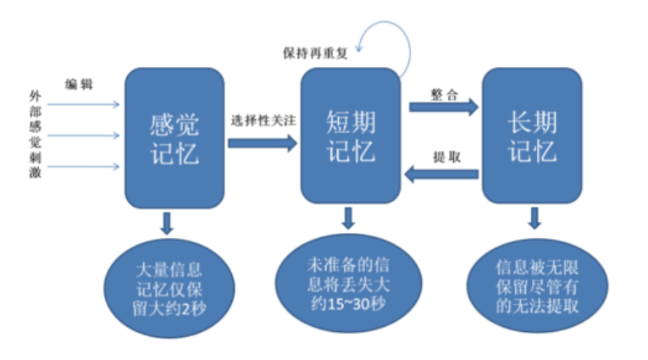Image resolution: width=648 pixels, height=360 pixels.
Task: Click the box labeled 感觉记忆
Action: (x=174, y=138)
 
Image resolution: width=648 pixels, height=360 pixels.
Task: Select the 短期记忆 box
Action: (x=351, y=136)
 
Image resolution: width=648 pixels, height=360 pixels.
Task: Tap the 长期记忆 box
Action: (x=532, y=136)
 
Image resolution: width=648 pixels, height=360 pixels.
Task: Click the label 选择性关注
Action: (x=263, y=120)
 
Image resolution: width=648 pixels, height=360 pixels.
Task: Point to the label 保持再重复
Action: (x=315, y=53)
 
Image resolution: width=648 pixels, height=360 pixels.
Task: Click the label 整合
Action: (x=445, y=95)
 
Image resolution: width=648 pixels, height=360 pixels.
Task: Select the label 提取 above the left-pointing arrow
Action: (x=446, y=157)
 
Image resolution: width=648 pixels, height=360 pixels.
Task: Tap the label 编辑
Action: (x=79, y=85)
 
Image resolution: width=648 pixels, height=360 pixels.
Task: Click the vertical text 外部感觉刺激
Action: (x=35, y=135)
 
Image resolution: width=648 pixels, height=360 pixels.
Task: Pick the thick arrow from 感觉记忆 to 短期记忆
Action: (x=263, y=143)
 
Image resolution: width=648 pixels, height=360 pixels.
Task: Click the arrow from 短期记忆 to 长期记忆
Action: (x=444, y=108)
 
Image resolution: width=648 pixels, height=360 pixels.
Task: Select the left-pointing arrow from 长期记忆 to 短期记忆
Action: (x=441, y=174)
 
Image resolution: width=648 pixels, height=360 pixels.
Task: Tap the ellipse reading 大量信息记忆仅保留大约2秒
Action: (x=169, y=289)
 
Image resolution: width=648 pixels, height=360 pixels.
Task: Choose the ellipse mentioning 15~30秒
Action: (x=348, y=284)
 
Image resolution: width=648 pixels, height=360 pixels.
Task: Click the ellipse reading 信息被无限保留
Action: (x=537, y=286)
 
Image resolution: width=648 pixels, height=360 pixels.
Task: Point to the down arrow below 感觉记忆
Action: (x=167, y=223)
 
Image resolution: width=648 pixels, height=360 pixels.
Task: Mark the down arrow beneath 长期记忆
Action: (x=534, y=219)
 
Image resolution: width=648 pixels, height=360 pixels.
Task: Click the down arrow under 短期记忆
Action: (x=348, y=219)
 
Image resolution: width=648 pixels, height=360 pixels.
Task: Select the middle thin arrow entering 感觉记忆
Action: (x=84, y=136)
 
